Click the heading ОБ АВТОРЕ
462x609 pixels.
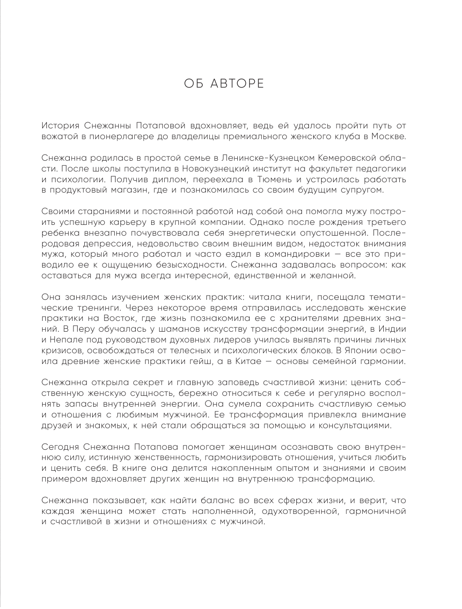tap(224, 84)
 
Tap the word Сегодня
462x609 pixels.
tap(61, 446)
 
